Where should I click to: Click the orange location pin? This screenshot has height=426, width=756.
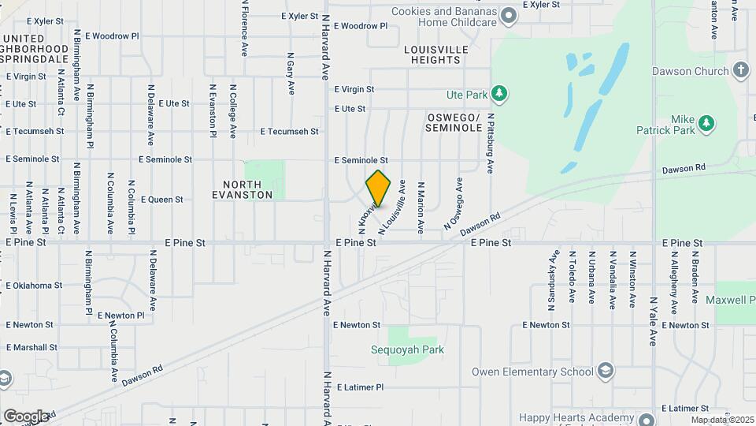[x=379, y=189]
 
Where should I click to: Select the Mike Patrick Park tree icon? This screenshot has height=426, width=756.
[x=707, y=123]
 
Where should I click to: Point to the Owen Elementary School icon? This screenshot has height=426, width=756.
[x=605, y=372]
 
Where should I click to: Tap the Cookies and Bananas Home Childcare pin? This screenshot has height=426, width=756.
[x=510, y=16]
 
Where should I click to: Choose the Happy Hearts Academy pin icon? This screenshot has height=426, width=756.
[x=647, y=420]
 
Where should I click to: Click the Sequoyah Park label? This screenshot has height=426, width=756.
[x=408, y=349]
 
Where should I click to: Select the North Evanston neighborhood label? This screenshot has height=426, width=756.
[x=242, y=189]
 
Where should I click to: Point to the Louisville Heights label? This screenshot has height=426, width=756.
[x=436, y=54]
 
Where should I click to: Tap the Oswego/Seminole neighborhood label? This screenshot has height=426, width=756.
[x=454, y=121]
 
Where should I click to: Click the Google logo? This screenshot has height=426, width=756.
[x=26, y=416]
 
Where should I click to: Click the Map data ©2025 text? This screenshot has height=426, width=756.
[x=722, y=420]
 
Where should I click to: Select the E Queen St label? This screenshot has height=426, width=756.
[x=161, y=200]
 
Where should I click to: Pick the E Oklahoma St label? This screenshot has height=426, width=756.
[x=34, y=286]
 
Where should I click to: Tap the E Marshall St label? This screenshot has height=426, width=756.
[x=31, y=347]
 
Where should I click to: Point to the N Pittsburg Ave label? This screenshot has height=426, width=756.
[x=490, y=143]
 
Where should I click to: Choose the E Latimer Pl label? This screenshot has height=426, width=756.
[x=358, y=387]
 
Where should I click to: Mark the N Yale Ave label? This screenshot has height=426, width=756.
[x=653, y=321]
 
